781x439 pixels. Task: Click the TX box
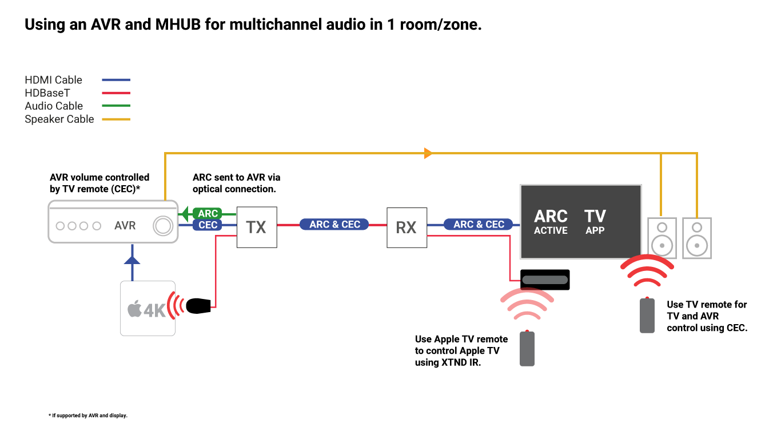click(x=257, y=228)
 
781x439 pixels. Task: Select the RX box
click(x=407, y=228)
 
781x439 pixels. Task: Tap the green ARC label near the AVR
click(x=208, y=213)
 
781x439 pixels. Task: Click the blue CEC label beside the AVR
click(x=208, y=225)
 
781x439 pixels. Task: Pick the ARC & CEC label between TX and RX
click(x=334, y=224)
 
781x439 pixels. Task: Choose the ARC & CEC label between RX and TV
click(x=479, y=224)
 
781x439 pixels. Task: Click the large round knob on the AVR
click(x=163, y=226)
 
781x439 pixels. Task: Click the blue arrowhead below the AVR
click(x=132, y=260)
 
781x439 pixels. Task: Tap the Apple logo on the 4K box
click(x=134, y=309)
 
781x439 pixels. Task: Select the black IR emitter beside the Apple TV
click(x=198, y=306)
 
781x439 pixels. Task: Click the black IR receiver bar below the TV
click(x=545, y=280)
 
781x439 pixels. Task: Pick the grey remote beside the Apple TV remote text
click(x=527, y=348)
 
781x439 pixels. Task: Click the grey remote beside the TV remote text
click(x=647, y=315)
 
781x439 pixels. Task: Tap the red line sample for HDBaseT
click(x=116, y=93)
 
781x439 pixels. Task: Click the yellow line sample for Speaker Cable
click(x=116, y=119)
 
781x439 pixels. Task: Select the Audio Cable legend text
click(x=54, y=106)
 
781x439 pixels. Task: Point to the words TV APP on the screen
click(x=595, y=222)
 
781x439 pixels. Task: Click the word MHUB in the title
click(x=178, y=25)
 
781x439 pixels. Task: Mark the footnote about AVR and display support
click(x=88, y=416)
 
